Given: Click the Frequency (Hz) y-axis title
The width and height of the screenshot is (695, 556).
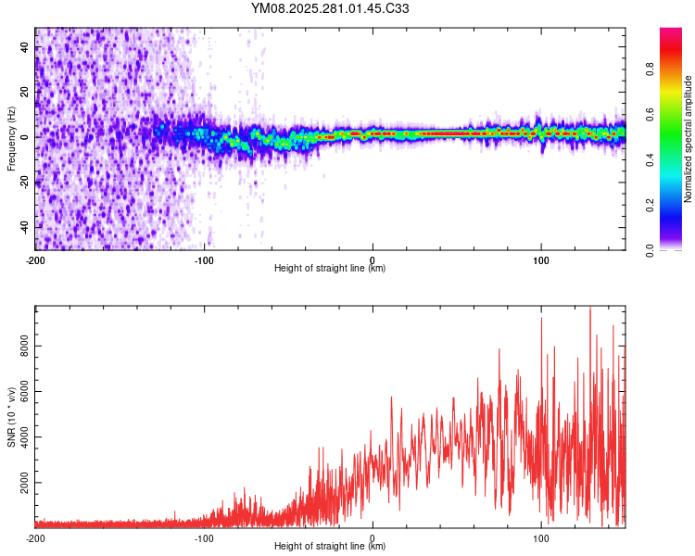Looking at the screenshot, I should tap(11, 139).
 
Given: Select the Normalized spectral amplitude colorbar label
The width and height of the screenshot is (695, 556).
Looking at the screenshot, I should tap(688, 139).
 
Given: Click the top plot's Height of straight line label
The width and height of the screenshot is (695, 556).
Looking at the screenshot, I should tap(330, 268).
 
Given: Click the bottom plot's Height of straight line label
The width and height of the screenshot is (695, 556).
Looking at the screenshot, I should tap(330, 546).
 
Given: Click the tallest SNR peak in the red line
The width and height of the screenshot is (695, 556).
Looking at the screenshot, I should tap(589, 309).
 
